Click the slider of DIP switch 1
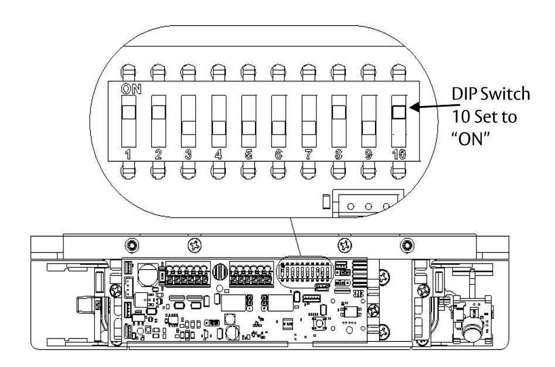click(128, 112)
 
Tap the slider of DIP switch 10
click(399, 112)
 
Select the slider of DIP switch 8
click(339, 112)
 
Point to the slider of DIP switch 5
click(249, 128)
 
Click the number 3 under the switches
click(188, 155)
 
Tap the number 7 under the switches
click(309, 155)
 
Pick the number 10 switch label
click(399, 155)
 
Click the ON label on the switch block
click(131, 89)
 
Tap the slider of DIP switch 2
click(158, 112)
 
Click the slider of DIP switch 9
click(369, 128)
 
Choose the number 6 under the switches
click(278, 155)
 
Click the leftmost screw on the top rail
click(132, 245)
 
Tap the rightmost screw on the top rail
click(407, 245)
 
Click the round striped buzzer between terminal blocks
click(220, 272)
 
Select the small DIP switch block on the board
click(305, 273)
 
